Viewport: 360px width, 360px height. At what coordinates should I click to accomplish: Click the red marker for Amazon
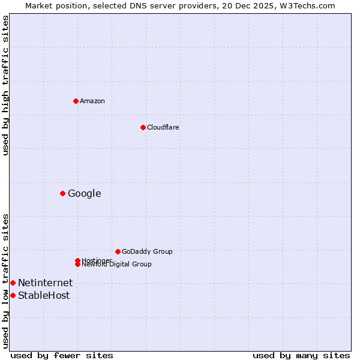click(x=76, y=101)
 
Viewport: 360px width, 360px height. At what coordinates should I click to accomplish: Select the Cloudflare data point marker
click(x=143, y=127)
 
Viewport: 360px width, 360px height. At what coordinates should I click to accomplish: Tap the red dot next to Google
click(x=62, y=193)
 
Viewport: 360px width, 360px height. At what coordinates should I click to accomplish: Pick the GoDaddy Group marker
click(x=118, y=251)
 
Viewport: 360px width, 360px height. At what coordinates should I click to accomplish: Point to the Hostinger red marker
click(x=77, y=260)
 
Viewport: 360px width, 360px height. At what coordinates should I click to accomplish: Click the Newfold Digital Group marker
click(x=77, y=264)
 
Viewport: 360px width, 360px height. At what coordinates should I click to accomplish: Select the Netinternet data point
click(x=13, y=283)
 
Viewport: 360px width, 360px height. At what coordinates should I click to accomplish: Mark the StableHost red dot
click(x=13, y=295)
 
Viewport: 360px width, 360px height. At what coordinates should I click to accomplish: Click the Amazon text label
click(x=92, y=101)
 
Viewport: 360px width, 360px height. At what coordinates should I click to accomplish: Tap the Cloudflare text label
click(x=163, y=127)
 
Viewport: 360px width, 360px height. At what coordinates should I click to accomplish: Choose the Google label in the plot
click(x=85, y=193)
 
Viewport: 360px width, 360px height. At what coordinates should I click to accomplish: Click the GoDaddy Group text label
click(x=147, y=251)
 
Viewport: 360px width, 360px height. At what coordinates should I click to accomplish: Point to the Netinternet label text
click(x=46, y=283)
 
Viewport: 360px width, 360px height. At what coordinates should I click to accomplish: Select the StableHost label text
click(x=44, y=295)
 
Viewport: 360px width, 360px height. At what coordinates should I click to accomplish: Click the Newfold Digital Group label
click(x=117, y=265)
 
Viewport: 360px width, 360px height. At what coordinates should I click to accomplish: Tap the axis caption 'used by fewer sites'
click(x=62, y=355)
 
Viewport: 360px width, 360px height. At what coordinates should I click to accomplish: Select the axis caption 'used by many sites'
click(x=301, y=355)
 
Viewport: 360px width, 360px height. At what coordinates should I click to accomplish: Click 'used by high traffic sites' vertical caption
click(x=5, y=85)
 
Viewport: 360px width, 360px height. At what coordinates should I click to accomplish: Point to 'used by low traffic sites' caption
click(x=5, y=281)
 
